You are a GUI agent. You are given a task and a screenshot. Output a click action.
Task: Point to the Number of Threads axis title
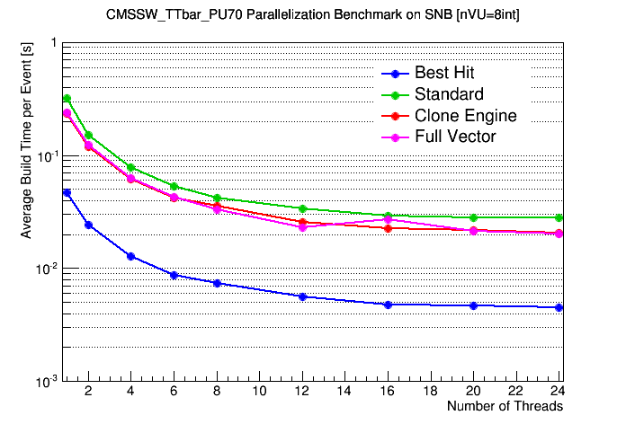pyautogui.click(x=505, y=406)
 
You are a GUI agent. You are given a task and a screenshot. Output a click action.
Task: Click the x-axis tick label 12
pyautogui.click(x=303, y=392)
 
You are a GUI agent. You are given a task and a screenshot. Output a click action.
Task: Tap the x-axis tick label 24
pyautogui.click(x=559, y=392)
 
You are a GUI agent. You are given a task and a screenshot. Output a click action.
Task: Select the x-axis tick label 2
pyautogui.click(x=88, y=392)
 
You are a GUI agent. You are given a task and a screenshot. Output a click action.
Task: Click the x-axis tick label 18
pyautogui.click(x=431, y=392)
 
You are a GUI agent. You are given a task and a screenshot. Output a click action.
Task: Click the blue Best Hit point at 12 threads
pyautogui.click(x=303, y=296)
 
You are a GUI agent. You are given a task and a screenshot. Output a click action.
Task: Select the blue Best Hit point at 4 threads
pyautogui.click(x=131, y=256)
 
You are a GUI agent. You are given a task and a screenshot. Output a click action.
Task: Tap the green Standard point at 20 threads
pyautogui.click(x=474, y=217)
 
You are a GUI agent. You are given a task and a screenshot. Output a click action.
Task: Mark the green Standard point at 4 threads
pyautogui.click(x=131, y=167)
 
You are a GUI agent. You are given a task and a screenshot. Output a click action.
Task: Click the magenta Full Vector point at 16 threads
pyautogui.click(x=389, y=219)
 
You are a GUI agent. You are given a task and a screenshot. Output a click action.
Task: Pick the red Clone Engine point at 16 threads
pyautogui.click(x=389, y=228)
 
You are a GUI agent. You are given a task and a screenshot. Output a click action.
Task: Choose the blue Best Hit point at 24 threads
pyautogui.click(x=559, y=307)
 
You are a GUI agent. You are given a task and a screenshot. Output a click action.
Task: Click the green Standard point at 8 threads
pyautogui.click(x=217, y=198)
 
